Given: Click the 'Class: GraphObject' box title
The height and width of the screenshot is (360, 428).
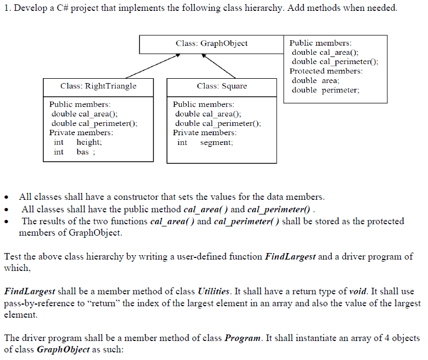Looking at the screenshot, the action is coord(212,43).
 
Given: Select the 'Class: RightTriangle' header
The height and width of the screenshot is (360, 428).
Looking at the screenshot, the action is coord(98,86).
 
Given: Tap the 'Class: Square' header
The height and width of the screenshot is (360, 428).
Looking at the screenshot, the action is coord(221,86).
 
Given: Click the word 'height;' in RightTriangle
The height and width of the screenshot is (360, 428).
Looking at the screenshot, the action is coord(89,142).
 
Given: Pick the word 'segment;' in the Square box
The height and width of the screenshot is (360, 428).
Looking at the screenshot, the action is coord(216,143).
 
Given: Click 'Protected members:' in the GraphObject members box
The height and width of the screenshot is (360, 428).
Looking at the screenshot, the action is coord(326,71).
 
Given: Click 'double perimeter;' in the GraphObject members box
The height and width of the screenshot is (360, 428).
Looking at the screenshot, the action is coord(325,90).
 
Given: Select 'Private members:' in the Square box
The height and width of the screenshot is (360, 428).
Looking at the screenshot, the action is coord(205,132).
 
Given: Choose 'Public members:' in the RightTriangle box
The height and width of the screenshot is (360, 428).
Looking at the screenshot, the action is coord(80,104).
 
